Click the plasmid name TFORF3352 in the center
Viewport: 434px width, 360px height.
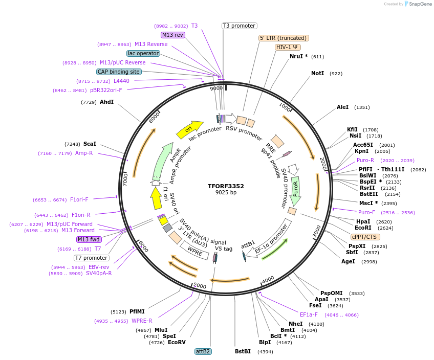point(226,186)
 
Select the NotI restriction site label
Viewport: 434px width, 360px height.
point(317,74)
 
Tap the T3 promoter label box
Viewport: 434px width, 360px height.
point(239,26)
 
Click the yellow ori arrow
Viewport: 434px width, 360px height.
point(189,130)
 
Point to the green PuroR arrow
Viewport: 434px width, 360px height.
point(295,190)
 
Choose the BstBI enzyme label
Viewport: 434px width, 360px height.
point(243,351)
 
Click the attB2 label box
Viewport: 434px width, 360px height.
point(203,351)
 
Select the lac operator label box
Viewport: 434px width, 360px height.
point(143,53)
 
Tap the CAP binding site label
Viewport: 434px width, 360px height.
point(119,72)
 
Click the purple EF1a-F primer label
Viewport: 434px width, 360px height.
point(309,314)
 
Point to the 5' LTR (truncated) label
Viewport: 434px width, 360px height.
point(284,38)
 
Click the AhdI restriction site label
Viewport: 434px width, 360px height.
point(106,102)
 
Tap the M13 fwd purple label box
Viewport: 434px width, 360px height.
point(89,239)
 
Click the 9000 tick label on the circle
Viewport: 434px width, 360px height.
point(216,88)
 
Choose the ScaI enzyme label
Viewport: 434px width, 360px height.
point(90,144)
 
